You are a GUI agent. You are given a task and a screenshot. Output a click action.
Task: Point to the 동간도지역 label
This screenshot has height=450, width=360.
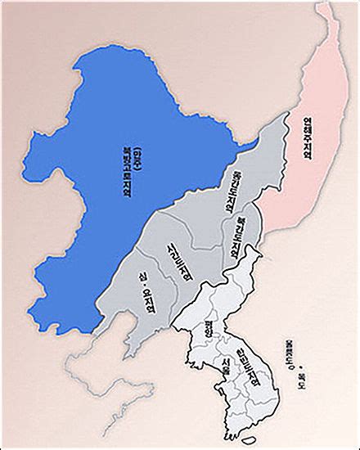coord(232,196)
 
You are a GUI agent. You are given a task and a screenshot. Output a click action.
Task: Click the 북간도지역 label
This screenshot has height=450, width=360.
coord(239,236)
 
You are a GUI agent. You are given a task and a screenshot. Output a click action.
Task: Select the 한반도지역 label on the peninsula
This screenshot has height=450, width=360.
coord(248,368)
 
